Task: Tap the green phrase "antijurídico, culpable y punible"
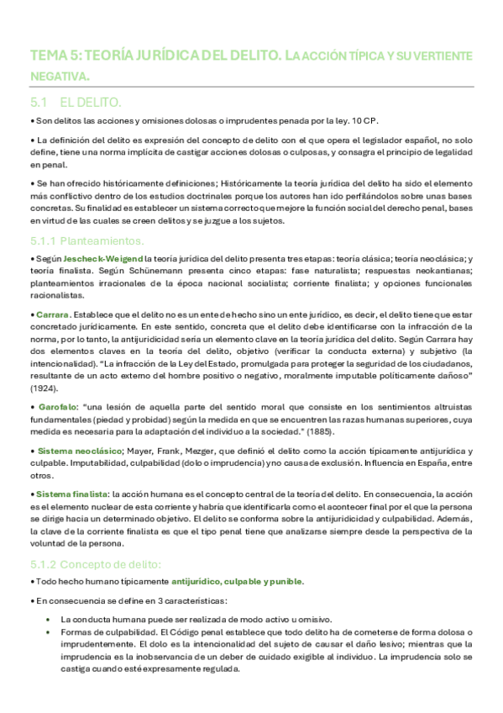pos(238,581)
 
